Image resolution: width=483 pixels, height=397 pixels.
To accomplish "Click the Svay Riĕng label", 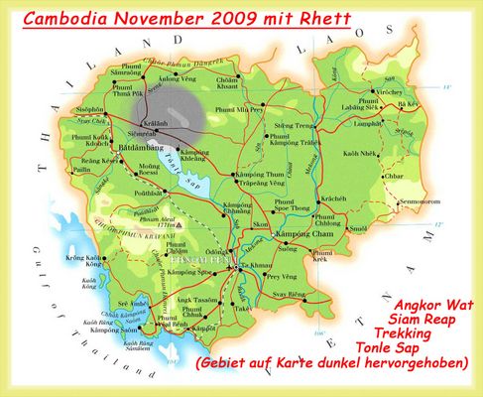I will [x=305, y=296].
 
